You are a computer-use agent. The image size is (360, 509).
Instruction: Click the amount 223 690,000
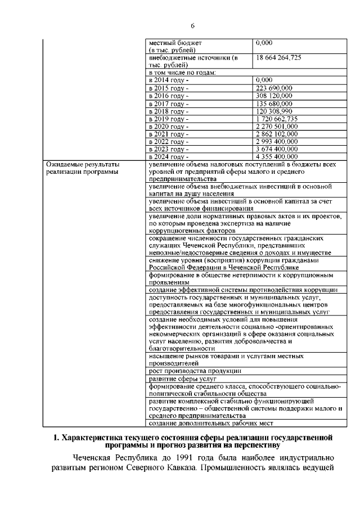(273, 88)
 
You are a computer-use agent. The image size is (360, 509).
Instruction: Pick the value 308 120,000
(273, 96)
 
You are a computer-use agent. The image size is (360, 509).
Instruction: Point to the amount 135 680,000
(273, 103)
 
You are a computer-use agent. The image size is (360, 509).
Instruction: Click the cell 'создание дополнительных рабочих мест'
(210, 422)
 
